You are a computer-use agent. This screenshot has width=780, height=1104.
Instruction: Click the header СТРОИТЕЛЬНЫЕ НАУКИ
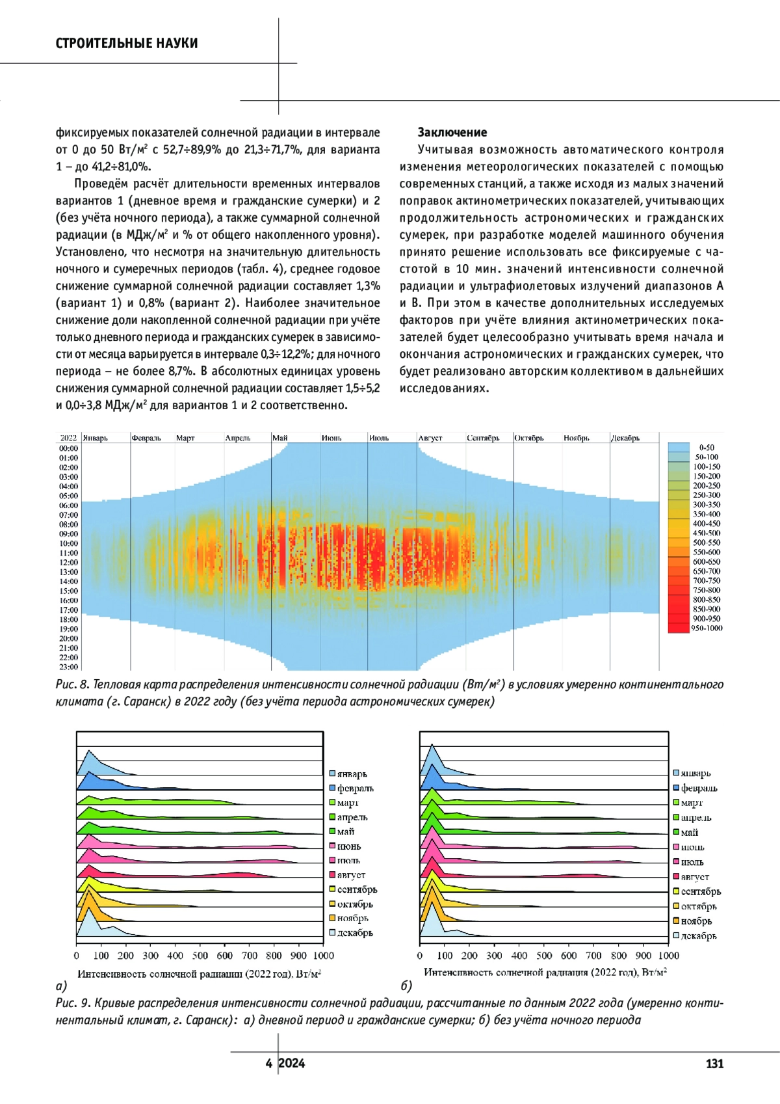127,44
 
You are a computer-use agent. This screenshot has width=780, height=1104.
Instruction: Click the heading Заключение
452,133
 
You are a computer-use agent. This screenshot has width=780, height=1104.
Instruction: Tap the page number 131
714,1064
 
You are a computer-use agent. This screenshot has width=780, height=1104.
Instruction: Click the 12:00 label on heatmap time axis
69,562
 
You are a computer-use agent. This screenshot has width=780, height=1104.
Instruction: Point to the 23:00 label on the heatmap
69,667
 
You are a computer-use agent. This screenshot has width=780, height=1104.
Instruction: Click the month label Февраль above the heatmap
146,438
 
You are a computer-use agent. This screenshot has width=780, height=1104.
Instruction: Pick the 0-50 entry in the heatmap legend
707,448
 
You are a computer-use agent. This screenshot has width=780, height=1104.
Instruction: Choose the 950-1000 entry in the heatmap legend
707,628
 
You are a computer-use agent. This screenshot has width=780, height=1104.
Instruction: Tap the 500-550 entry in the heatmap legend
707,543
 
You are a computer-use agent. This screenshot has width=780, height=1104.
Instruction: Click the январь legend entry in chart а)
352,774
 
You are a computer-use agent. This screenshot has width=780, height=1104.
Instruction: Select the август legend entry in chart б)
695,877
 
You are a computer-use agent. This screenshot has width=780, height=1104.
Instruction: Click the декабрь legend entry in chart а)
354,933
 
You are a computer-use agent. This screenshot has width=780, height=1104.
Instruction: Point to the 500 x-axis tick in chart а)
200,956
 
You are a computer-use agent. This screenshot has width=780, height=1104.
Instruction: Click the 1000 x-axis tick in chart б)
668,956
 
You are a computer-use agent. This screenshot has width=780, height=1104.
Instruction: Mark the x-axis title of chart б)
545,972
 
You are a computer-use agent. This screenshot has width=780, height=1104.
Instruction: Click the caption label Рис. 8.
72,685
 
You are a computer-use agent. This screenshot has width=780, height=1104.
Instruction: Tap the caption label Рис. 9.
72,1003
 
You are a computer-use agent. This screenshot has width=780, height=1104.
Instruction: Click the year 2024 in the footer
292,1064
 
